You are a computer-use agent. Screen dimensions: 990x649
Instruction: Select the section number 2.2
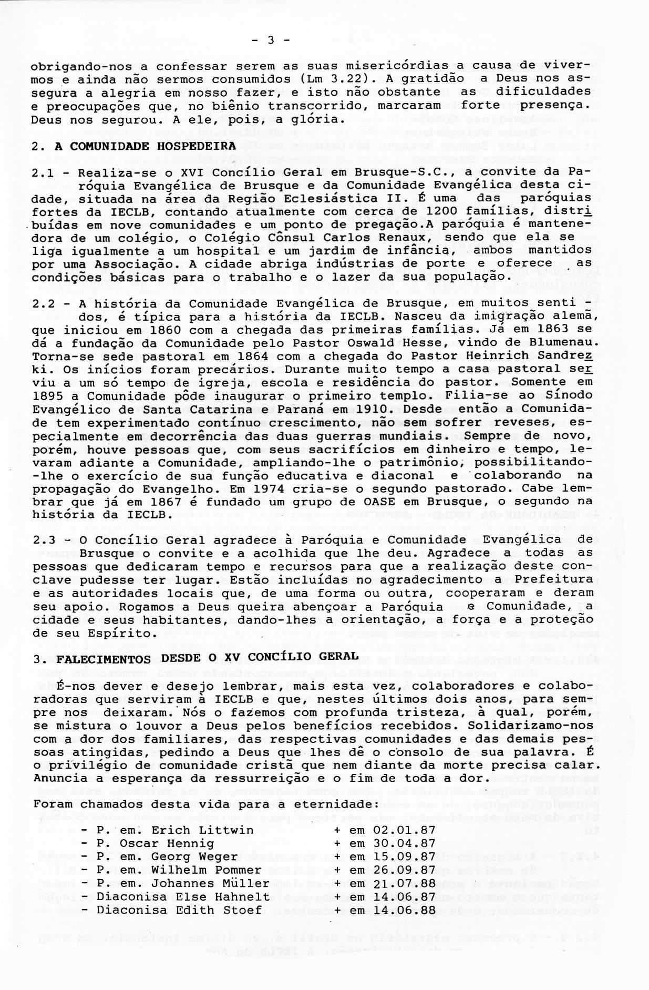coord(45,304)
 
